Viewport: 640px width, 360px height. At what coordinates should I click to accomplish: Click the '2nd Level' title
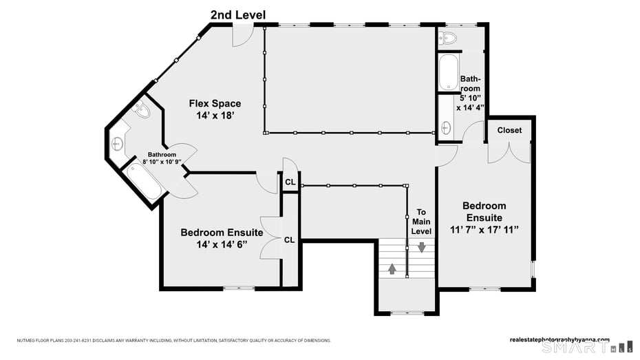(237, 14)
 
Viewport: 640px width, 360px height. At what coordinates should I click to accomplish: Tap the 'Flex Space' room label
(215, 104)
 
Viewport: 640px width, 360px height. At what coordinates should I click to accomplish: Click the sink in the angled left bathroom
(118, 144)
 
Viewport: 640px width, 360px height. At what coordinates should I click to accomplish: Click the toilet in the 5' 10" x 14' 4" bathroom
(448, 38)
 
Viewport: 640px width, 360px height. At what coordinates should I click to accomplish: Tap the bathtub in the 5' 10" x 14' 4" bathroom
(449, 73)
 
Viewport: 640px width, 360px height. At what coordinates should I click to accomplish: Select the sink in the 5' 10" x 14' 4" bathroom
(446, 127)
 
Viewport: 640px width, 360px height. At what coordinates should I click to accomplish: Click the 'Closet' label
(509, 130)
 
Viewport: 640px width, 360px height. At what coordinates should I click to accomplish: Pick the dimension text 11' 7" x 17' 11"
(484, 229)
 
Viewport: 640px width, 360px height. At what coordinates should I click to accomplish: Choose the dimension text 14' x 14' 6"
(221, 244)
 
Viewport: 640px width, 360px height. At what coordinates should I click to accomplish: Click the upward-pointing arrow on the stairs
(392, 268)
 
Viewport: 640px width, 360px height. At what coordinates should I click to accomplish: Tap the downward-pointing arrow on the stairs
(421, 247)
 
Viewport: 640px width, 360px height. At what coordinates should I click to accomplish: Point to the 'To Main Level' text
(421, 222)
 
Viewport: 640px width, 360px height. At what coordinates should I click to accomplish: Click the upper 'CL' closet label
(290, 182)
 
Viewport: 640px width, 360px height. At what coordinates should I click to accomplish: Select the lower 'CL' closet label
(290, 240)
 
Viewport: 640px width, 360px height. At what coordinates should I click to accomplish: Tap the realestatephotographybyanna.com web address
(559, 339)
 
